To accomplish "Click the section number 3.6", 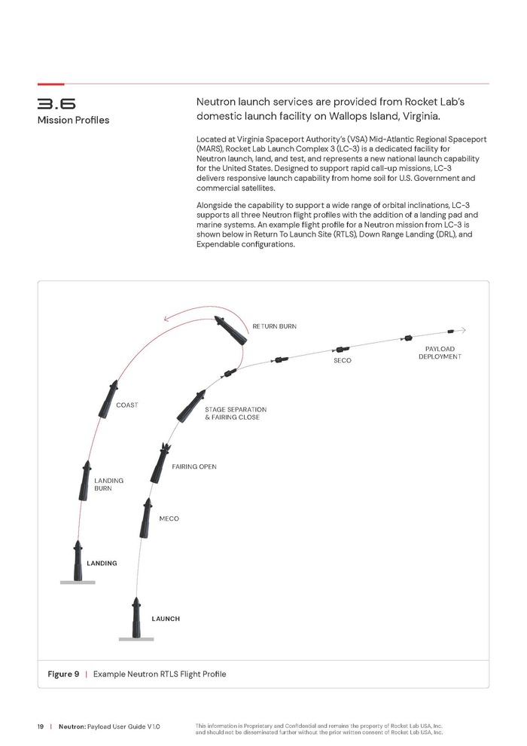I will [56, 103].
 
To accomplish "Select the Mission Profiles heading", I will [73, 120].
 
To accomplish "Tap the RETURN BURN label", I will [274, 326].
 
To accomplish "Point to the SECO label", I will [343, 361].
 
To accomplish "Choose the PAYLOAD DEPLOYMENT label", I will [440, 353].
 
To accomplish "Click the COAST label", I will [127, 405].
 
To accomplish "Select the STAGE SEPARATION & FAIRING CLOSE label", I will [236, 413].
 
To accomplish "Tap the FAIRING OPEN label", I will [194, 467].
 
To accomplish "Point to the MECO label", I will [169, 519].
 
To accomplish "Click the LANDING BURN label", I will [108, 485].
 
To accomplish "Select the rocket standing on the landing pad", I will [78, 561].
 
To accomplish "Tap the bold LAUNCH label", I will [166, 619].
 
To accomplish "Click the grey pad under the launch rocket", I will [136, 640].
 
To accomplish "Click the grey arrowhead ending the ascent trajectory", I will [463, 330].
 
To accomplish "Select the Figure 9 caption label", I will [64, 674].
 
